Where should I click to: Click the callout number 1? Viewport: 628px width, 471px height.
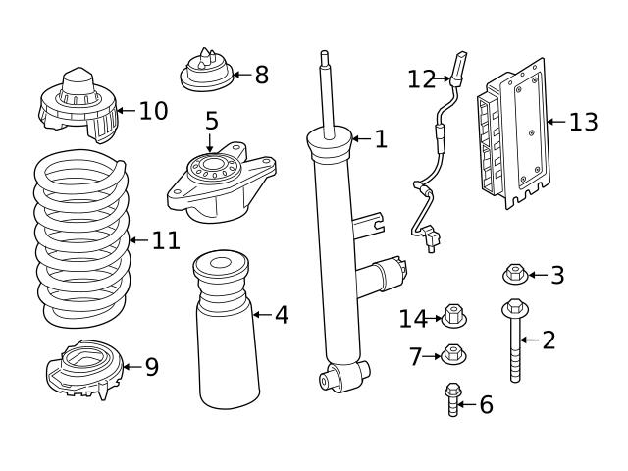click(x=381, y=139)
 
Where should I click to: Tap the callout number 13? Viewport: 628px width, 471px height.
click(x=583, y=122)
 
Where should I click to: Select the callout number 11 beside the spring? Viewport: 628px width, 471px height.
click(x=166, y=240)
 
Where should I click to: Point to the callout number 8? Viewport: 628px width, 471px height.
click(x=261, y=75)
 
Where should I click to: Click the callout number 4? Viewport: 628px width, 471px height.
click(x=282, y=315)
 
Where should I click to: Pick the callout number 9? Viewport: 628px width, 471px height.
click(x=151, y=366)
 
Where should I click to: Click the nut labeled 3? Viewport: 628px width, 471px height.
click(x=515, y=275)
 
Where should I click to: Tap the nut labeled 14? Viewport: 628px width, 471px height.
click(x=453, y=317)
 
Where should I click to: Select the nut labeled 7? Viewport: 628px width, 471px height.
click(x=453, y=354)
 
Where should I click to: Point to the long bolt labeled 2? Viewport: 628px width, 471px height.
click(x=514, y=343)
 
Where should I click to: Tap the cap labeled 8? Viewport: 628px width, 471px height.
click(x=205, y=71)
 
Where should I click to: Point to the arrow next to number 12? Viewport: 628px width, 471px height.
click(x=443, y=78)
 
